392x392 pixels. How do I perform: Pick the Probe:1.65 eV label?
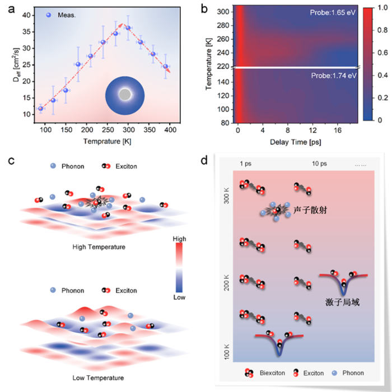tap(337, 12)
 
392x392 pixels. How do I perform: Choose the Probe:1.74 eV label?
tap(337, 74)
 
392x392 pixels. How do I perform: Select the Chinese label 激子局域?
tap(342, 302)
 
